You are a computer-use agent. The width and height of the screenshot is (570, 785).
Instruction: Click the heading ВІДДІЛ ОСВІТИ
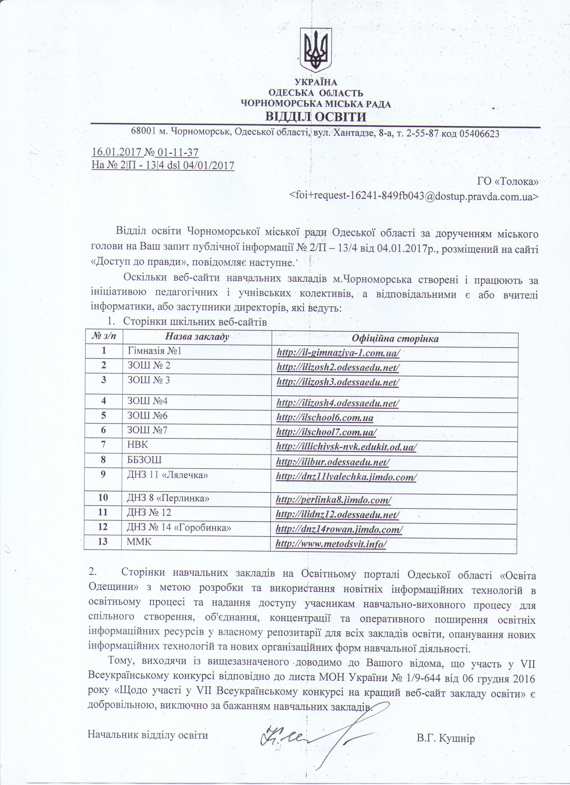coord(315,117)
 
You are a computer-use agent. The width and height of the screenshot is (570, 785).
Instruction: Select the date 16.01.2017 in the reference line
coord(117,152)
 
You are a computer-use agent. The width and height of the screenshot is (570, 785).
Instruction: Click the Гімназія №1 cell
coord(154,351)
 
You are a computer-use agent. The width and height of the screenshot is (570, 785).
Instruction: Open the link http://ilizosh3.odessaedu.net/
coord(338,382)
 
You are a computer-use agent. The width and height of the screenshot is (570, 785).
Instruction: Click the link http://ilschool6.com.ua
coord(325,418)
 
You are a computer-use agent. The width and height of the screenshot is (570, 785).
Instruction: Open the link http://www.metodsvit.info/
coord(331,544)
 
